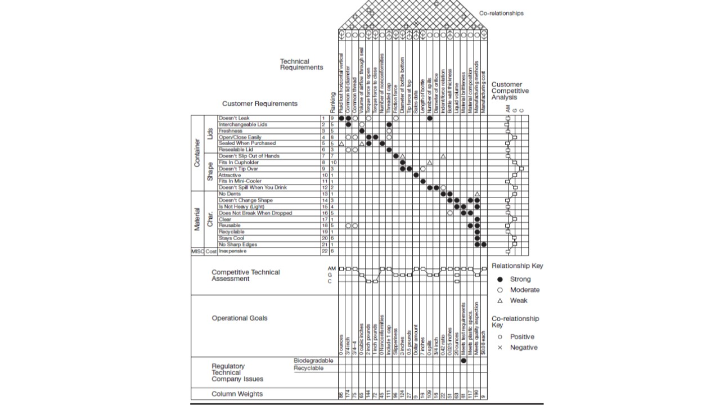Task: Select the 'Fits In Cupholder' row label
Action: click(x=238, y=163)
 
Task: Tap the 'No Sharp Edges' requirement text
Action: click(x=238, y=245)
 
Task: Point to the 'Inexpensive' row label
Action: click(x=232, y=251)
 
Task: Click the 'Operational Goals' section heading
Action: click(x=240, y=318)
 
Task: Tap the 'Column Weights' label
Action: click(x=237, y=394)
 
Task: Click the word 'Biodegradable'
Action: click(x=313, y=361)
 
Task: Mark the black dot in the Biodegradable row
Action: click(x=463, y=361)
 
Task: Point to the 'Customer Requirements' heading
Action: click(x=259, y=103)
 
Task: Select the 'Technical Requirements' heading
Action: click(x=301, y=64)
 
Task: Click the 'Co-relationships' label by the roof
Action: click(x=501, y=13)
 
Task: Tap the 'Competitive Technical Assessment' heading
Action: click(x=245, y=276)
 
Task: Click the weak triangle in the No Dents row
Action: click(x=477, y=194)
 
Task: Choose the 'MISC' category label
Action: click(x=197, y=251)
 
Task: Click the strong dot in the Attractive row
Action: click(x=416, y=175)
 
